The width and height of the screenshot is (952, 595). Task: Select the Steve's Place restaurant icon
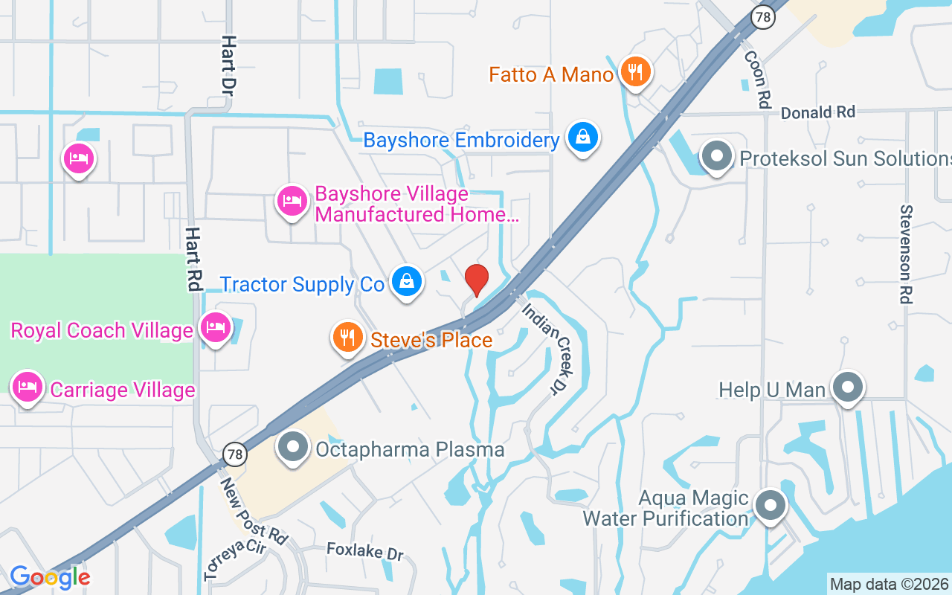click(x=347, y=338)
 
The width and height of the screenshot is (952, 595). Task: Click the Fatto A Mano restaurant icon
click(x=634, y=72)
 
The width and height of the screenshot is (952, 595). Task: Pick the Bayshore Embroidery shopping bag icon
click(x=583, y=138)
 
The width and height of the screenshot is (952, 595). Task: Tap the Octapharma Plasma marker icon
click(x=293, y=448)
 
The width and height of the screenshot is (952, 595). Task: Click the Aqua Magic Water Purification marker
click(x=771, y=506)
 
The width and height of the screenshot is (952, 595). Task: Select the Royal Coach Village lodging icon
click(x=216, y=327)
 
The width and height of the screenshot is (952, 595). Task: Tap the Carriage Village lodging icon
click(x=27, y=387)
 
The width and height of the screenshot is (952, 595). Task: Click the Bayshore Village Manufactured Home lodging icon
click(x=292, y=201)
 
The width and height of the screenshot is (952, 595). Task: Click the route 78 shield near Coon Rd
click(x=762, y=19)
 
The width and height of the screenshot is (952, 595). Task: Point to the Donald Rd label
click(x=818, y=112)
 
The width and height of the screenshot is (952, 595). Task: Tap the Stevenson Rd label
click(x=905, y=254)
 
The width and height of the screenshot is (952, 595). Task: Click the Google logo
click(x=50, y=577)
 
